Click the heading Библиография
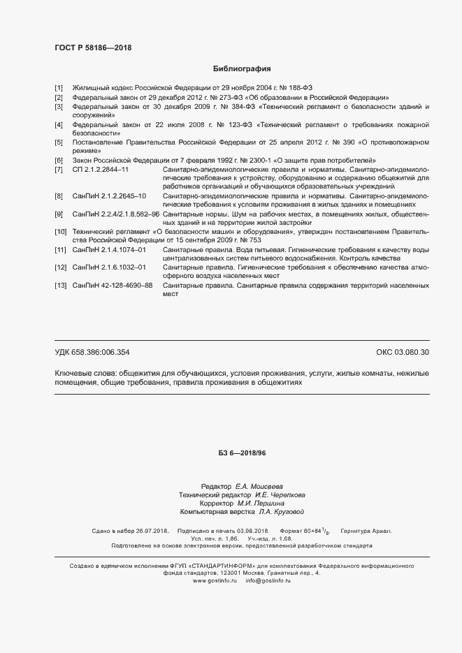coord(241,69)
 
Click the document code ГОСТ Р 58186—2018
coord(92,47)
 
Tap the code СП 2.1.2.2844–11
coord(101,170)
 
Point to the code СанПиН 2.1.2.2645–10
coord(109,196)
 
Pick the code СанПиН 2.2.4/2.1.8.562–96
coord(116,214)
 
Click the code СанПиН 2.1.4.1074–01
coord(109,249)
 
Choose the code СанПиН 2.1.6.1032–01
coord(109,267)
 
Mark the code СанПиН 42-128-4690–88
coord(113,285)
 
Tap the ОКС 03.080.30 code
coord(403,352)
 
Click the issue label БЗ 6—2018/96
coord(242,453)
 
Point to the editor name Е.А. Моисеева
coord(259,485)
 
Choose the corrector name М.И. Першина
coord(261,503)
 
